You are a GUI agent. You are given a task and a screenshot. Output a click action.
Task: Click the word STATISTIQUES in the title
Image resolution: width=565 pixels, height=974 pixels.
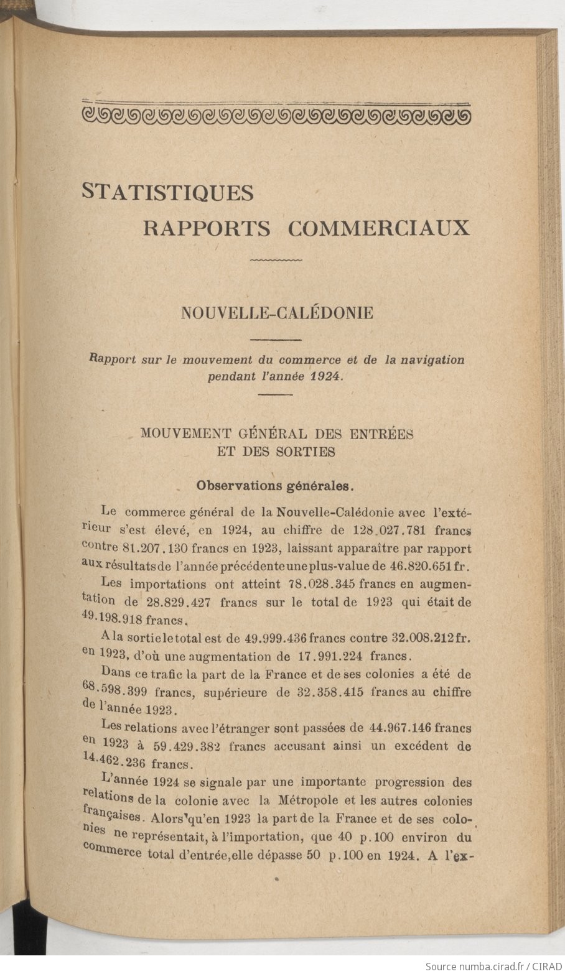(167, 192)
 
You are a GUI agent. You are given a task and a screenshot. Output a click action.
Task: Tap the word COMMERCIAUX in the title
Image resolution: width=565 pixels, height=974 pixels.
(378, 228)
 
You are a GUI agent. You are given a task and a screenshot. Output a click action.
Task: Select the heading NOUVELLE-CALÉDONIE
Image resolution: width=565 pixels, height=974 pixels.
(277, 313)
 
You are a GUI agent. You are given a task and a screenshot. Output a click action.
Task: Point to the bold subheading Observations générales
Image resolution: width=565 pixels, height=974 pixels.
(275, 485)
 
